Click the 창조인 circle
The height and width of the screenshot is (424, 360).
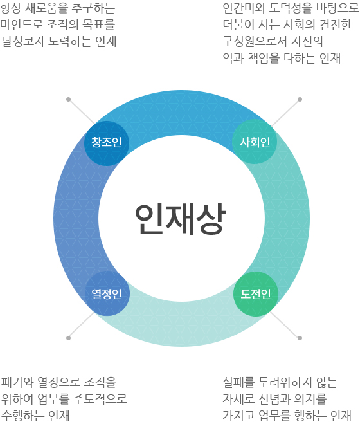tap(107, 143)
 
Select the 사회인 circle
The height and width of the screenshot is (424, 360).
tap(255, 142)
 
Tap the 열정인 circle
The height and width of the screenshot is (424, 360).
tap(107, 293)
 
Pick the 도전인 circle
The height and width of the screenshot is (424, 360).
tap(256, 294)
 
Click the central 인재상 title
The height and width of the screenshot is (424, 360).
tap(181, 219)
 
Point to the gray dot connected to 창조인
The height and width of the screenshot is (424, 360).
tap(68, 100)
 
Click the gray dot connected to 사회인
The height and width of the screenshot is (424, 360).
tap(300, 100)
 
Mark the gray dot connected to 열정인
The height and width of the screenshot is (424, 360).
tap(68, 338)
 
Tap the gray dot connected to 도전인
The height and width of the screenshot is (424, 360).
tap(300, 338)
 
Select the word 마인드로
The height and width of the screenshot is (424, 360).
tap(22, 24)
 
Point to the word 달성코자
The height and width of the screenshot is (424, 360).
tap(23, 41)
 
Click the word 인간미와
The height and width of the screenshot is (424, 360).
tap(244, 8)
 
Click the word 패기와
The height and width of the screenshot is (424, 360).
tap(17, 382)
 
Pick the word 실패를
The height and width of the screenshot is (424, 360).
tap(239, 382)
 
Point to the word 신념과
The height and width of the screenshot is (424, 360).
tap(274, 399)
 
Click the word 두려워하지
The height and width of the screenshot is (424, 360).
tap(285, 382)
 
